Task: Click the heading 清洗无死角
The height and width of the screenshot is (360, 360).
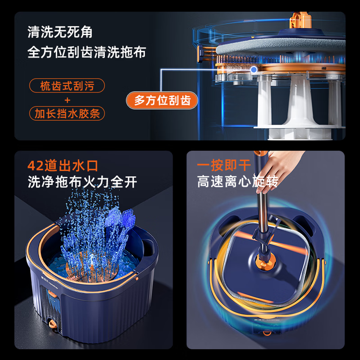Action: (60, 32)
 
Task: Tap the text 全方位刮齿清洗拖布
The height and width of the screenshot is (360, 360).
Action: (87, 52)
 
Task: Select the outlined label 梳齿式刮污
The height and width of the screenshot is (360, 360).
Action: (67, 85)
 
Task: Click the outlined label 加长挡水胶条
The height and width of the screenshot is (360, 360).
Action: (67, 113)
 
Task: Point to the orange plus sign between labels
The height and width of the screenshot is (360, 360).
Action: (67, 100)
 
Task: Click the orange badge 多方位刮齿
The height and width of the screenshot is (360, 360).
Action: (162, 100)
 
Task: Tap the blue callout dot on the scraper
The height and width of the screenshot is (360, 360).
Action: (254, 69)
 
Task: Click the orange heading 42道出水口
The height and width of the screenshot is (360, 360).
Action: (63, 165)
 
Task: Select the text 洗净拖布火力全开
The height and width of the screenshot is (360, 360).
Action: (82, 182)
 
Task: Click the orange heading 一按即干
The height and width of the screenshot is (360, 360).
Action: (224, 165)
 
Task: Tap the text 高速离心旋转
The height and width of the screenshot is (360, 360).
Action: (238, 182)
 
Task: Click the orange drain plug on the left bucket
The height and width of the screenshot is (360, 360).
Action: (52, 324)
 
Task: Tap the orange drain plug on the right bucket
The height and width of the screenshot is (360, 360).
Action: (267, 333)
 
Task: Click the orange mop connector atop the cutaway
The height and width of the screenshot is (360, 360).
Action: (300, 20)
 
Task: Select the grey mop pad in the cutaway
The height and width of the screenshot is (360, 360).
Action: (280, 46)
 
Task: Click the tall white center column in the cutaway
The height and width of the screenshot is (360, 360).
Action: (300, 101)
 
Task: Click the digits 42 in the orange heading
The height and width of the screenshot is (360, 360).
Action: (35, 166)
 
